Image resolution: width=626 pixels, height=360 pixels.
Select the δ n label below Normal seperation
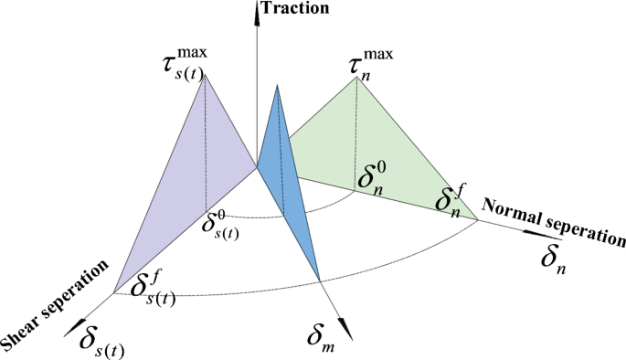pos(554,260)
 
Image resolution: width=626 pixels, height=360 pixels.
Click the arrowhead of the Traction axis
pos(256,9)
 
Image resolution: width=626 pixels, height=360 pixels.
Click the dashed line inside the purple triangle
pos(206,146)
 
